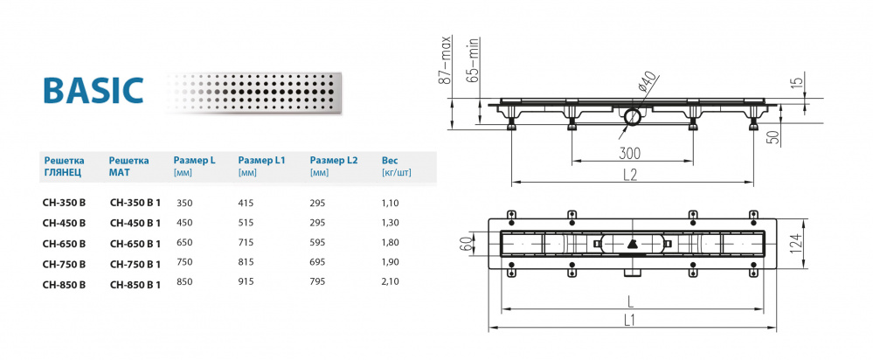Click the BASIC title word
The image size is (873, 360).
(93, 91)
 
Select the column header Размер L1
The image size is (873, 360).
(261, 161)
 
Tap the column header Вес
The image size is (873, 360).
(391, 161)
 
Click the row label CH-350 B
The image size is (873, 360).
(64, 203)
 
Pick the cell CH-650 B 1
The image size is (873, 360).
(135, 243)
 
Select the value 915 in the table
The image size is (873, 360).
(246, 283)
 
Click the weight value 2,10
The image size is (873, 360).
(391, 283)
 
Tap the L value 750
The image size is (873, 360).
(184, 263)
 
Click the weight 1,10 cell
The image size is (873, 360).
(391, 203)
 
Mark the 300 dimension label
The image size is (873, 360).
(630, 154)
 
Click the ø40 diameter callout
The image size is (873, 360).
(648, 84)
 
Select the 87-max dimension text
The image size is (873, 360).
(444, 60)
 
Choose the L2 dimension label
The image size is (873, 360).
(629, 174)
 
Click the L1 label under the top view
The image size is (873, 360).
(630, 321)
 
